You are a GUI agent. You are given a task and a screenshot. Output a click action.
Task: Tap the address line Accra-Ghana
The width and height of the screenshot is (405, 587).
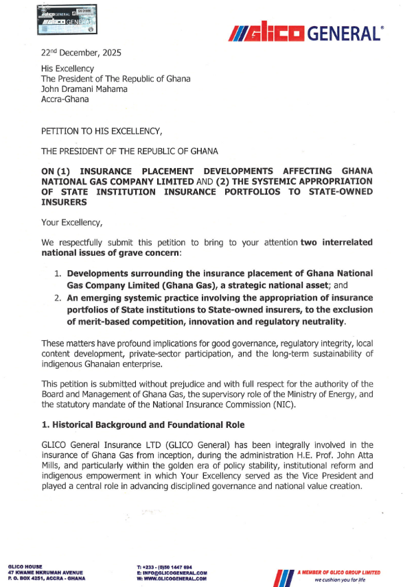tap(65, 99)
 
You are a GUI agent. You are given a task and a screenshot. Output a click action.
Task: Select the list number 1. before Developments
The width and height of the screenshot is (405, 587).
tap(59, 273)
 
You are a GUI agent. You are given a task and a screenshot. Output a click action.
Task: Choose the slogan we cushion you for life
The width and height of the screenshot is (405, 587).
tap(341, 579)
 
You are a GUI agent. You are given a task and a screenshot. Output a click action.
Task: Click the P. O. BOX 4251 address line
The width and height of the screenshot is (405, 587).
tap(45, 577)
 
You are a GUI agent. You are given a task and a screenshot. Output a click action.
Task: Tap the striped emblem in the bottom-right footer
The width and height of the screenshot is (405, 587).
tap(283, 575)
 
